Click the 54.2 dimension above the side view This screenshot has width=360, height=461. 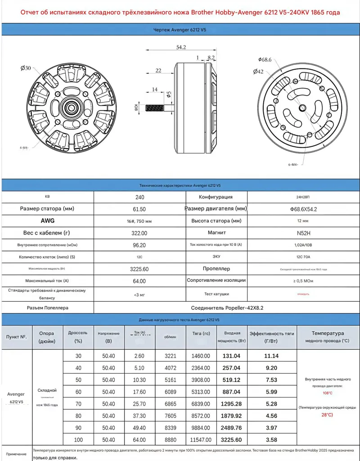(181, 47)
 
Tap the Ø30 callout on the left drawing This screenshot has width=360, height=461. (25, 68)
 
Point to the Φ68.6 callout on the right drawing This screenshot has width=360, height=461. (265, 59)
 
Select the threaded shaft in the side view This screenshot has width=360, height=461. (156, 108)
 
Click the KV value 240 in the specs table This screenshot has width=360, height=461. (139, 197)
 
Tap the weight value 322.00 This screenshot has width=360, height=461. (139, 233)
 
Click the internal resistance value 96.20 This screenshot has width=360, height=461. (139, 245)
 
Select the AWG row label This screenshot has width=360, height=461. (48, 221)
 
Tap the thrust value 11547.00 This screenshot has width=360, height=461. (201, 439)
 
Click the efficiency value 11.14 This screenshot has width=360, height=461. (271, 356)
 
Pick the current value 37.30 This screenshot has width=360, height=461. (139, 416)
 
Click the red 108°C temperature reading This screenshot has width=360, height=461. (327, 393)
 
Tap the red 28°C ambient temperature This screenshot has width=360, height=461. (327, 415)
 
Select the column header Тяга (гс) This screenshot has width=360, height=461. (201, 337)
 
